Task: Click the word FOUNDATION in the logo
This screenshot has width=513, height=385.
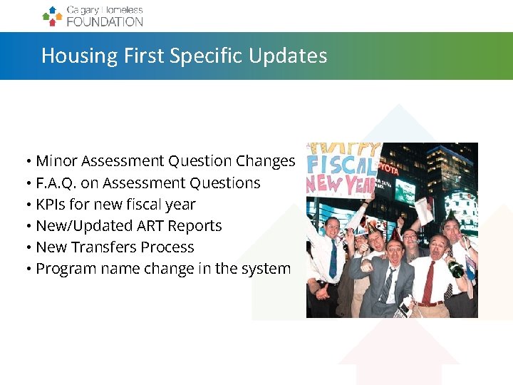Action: coord(105,21)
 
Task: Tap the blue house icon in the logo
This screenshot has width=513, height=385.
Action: coord(52,10)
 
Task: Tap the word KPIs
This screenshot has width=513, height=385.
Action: coord(51,205)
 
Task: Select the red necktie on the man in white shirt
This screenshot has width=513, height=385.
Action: coord(428,281)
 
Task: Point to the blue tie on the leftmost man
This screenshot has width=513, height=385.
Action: coord(333,260)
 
